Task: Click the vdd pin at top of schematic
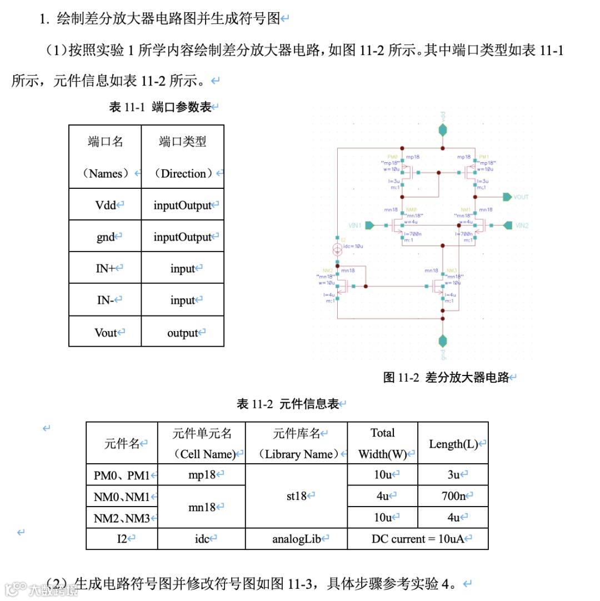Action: tap(442, 130)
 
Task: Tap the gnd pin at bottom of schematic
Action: tap(442, 339)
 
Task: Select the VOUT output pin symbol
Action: tap(507, 197)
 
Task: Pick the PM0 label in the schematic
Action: tap(393, 157)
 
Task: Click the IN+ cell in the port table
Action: tap(106, 268)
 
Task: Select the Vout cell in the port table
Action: tap(106, 332)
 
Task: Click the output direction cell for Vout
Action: tap(183, 333)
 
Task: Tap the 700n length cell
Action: tap(452, 496)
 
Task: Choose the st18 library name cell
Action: tap(296, 495)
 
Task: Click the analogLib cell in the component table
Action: tap(297, 538)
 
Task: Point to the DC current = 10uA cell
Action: tap(418, 538)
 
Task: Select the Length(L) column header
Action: tap(453, 443)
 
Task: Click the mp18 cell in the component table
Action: tap(202, 474)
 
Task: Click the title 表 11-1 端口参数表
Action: tap(161, 107)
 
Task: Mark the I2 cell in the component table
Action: tap(122, 538)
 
